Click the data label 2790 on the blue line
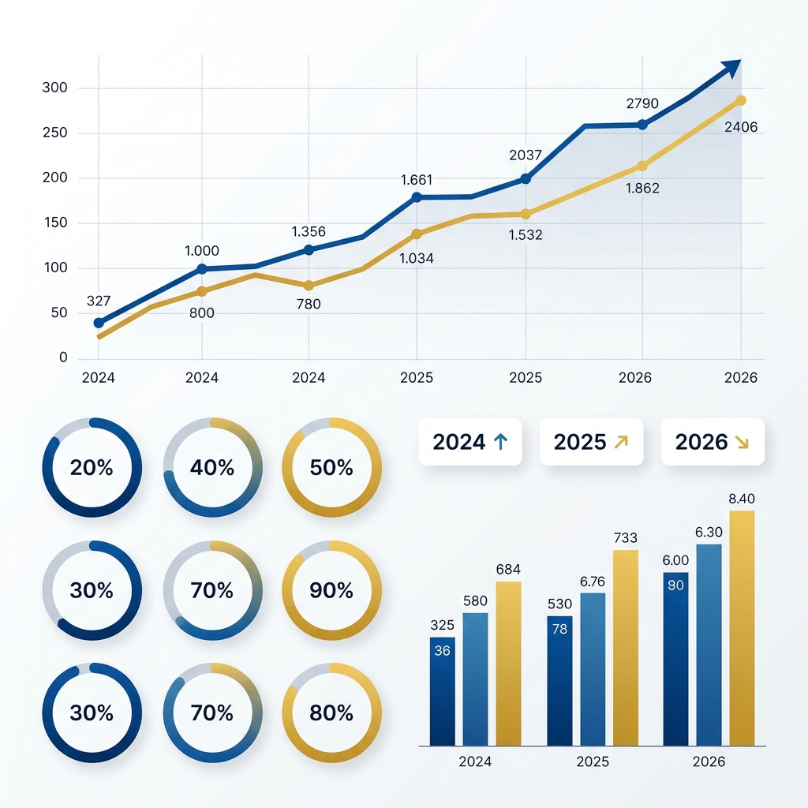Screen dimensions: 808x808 (642, 103)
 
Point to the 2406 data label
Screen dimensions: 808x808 (740, 126)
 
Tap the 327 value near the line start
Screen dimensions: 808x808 (98, 301)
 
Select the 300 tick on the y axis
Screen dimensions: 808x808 (55, 88)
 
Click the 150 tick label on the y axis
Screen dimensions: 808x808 (55, 223)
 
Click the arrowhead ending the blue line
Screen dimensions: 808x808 (733, 69)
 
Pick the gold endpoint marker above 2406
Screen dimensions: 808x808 (740, 100)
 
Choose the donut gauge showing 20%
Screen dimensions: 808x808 (92, 468)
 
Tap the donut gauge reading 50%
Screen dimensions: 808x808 (331, 468)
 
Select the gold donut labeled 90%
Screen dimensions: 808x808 (331, 590)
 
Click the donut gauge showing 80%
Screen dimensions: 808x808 (331, 713)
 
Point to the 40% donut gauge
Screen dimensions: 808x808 (212, 468)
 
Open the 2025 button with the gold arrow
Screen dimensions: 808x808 (591, 442)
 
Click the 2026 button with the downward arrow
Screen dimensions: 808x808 (713, 442)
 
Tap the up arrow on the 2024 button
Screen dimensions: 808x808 (499, 442)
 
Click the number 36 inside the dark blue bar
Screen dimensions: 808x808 (442, 651)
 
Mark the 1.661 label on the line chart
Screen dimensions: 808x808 (417, 180)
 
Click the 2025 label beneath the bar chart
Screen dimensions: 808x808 (593, 762)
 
